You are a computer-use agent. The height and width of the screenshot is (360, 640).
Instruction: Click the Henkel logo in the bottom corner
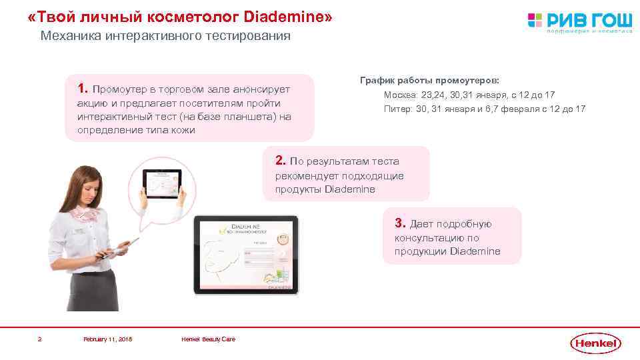tap(595, 343)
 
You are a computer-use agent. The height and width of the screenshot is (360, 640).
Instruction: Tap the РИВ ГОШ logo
tap(579, 21)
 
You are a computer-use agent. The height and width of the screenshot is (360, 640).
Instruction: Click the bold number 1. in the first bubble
tap(83, 89)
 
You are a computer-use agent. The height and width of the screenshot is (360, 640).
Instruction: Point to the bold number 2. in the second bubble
tap(281, 160)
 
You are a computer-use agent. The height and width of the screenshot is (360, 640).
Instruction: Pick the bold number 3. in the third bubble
tap(400, 223)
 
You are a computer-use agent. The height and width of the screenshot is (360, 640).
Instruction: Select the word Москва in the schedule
tap(401, 95)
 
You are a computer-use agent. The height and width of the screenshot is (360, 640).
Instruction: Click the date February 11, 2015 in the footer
tap(107, 339)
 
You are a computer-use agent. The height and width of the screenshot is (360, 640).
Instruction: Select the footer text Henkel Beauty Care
tap(208, 339)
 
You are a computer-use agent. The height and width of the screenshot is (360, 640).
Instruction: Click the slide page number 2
tap(40, 339)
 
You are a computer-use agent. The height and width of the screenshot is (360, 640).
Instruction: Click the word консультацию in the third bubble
tap(427, 238)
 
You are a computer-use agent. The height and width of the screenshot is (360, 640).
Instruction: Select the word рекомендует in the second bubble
tap(305, 175)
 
